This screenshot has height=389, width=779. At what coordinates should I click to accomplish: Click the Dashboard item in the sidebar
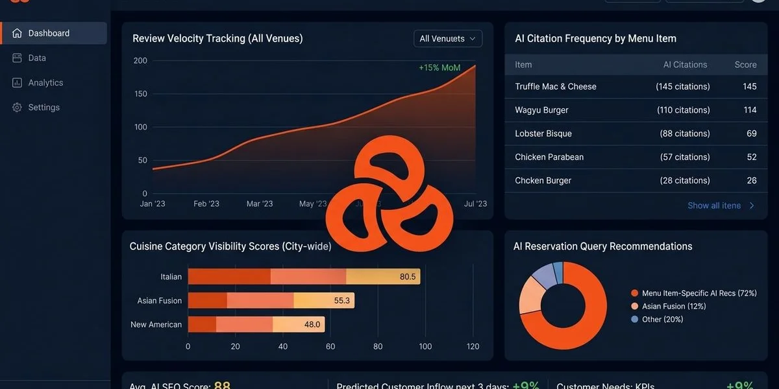tap(49, 33)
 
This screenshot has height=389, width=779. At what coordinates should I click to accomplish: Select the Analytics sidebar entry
tap(45, 83)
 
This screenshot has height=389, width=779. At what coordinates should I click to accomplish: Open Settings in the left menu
tap(43, 108)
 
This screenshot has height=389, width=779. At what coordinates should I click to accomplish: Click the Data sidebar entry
tap(37, 58)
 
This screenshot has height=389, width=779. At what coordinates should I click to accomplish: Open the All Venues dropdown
tap(447, 39)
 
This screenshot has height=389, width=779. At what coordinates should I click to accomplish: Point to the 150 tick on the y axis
tap(140, 94)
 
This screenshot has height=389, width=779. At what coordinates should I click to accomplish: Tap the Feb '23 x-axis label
tap(206, 204)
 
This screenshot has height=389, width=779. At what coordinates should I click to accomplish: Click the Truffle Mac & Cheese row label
tap(555, 86)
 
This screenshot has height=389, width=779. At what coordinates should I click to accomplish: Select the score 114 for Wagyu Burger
tap(750, 110)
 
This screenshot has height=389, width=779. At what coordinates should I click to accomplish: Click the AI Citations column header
tap(685, 65)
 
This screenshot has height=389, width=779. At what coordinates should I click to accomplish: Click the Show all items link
tap(714, 206)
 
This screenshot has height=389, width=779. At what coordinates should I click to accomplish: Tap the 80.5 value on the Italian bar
tap(408, 277)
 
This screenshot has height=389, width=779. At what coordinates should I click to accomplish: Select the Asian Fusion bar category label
tap(159, 301)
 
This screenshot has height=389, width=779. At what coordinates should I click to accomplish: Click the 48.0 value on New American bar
tap(312, 324)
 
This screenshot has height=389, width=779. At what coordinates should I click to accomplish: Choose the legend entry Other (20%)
tap(662, 319)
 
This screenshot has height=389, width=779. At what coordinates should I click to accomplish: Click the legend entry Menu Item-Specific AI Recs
tap(699, 293)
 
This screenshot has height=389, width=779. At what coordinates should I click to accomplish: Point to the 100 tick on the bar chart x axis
tap(425, 346)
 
